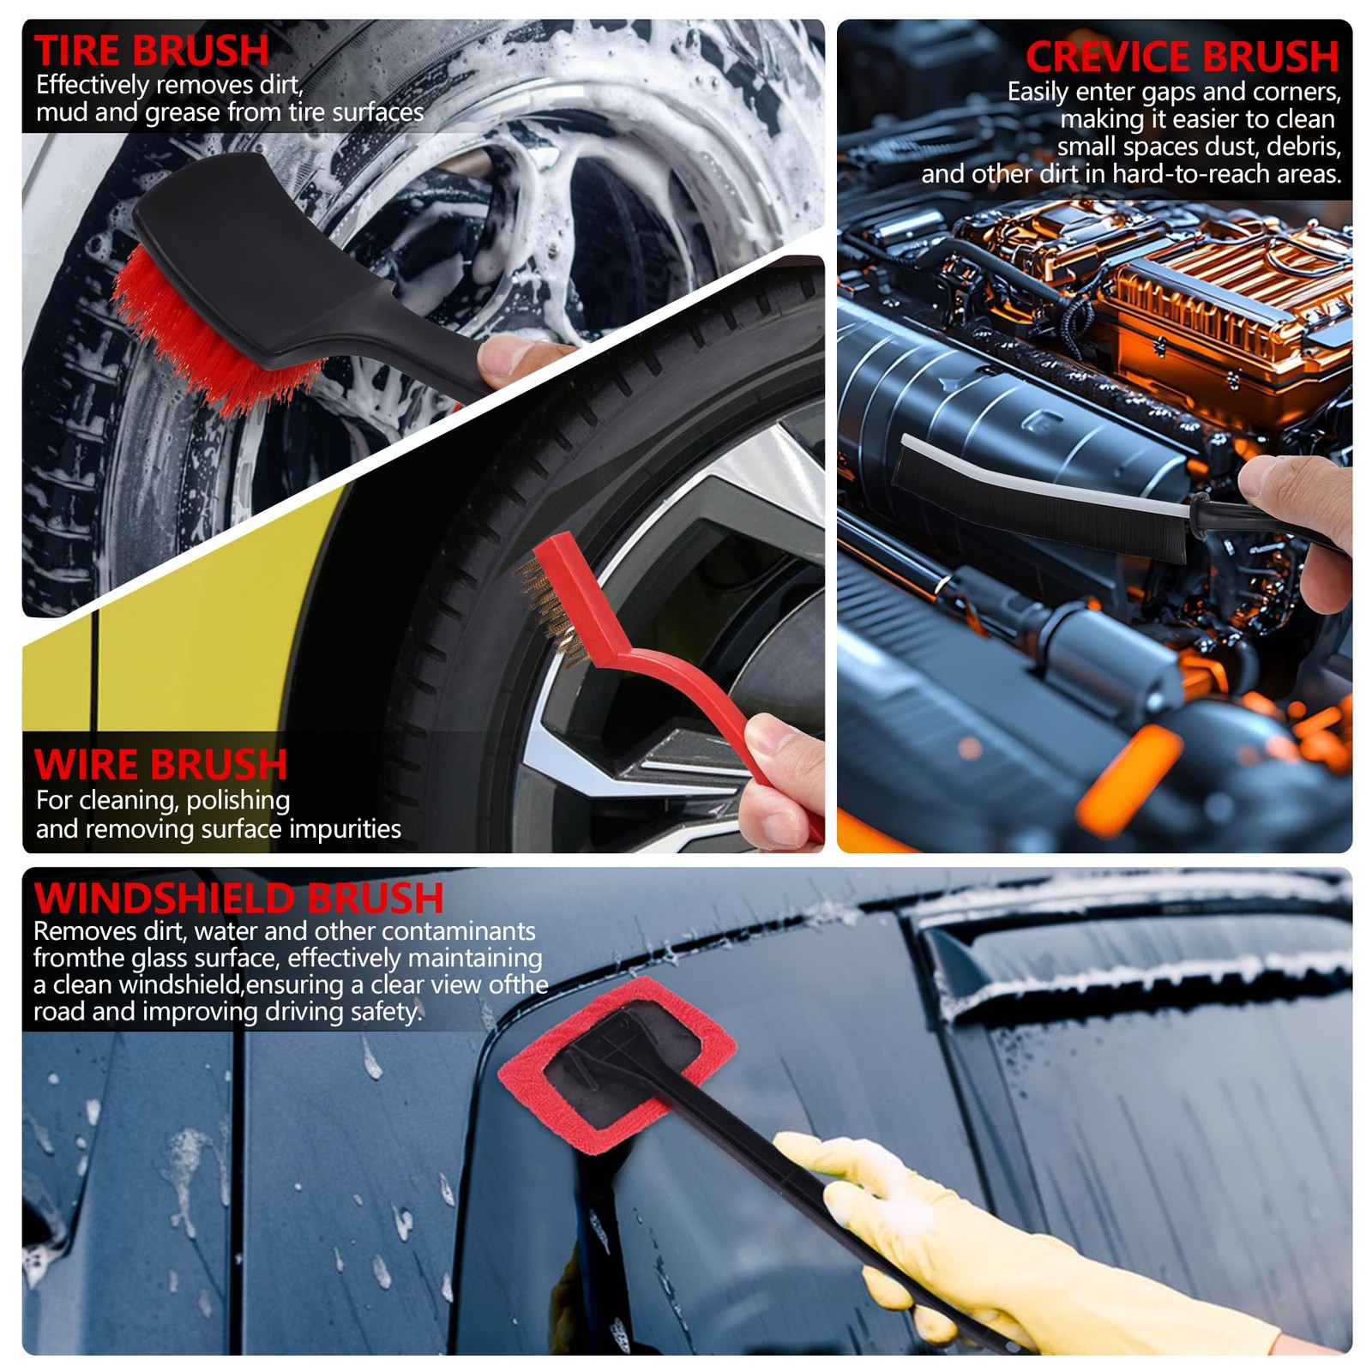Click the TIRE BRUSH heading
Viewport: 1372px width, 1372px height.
coord(152,51)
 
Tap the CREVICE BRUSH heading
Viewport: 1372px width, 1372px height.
coord(1182,57)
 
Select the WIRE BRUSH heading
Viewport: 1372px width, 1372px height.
coord(161,765)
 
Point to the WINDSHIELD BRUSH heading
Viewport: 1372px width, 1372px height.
coord(238,899)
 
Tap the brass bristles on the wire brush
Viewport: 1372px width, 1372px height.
coord(549,605)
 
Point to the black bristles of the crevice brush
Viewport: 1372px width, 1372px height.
coord(1038,502)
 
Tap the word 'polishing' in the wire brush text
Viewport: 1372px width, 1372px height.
coord(238,801)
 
